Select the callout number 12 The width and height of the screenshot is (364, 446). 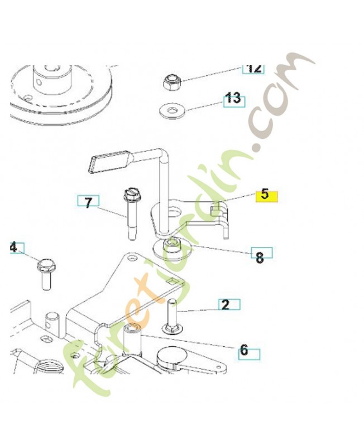tap(253, 68)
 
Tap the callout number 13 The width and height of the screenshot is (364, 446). tap(234, 99)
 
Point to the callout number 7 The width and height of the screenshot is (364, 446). tap(89, 202)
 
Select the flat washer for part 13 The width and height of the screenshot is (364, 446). tap(172, 110)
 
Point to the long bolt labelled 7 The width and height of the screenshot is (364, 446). tap(131, 214)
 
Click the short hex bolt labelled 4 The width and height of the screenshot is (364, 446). tap(46, 273)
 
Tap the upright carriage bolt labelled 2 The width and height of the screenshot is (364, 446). tap(173, 316)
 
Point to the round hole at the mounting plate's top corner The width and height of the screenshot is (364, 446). tap(132, 258)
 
